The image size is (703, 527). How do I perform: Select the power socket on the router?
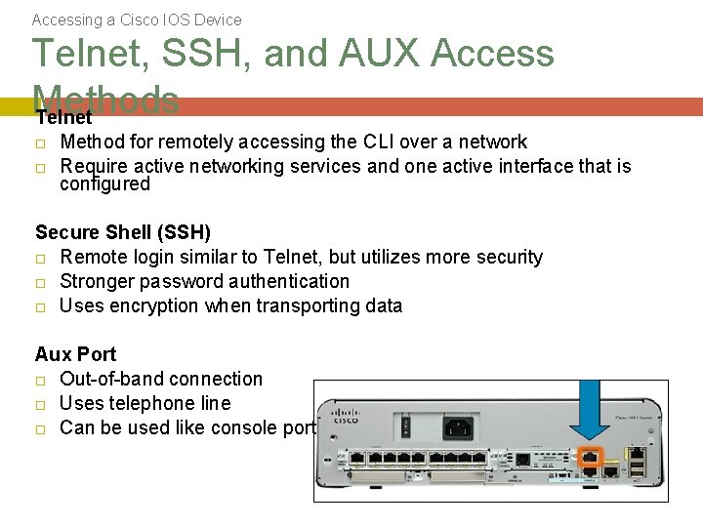click(x=458, y=426)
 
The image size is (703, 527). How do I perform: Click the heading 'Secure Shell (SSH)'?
click(x=123, y=232)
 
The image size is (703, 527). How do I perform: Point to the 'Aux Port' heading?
click(x=75, y=354)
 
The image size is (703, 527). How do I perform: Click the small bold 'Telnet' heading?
click(x=64, y=118)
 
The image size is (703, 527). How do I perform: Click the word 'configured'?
click(x=104, y=184)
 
